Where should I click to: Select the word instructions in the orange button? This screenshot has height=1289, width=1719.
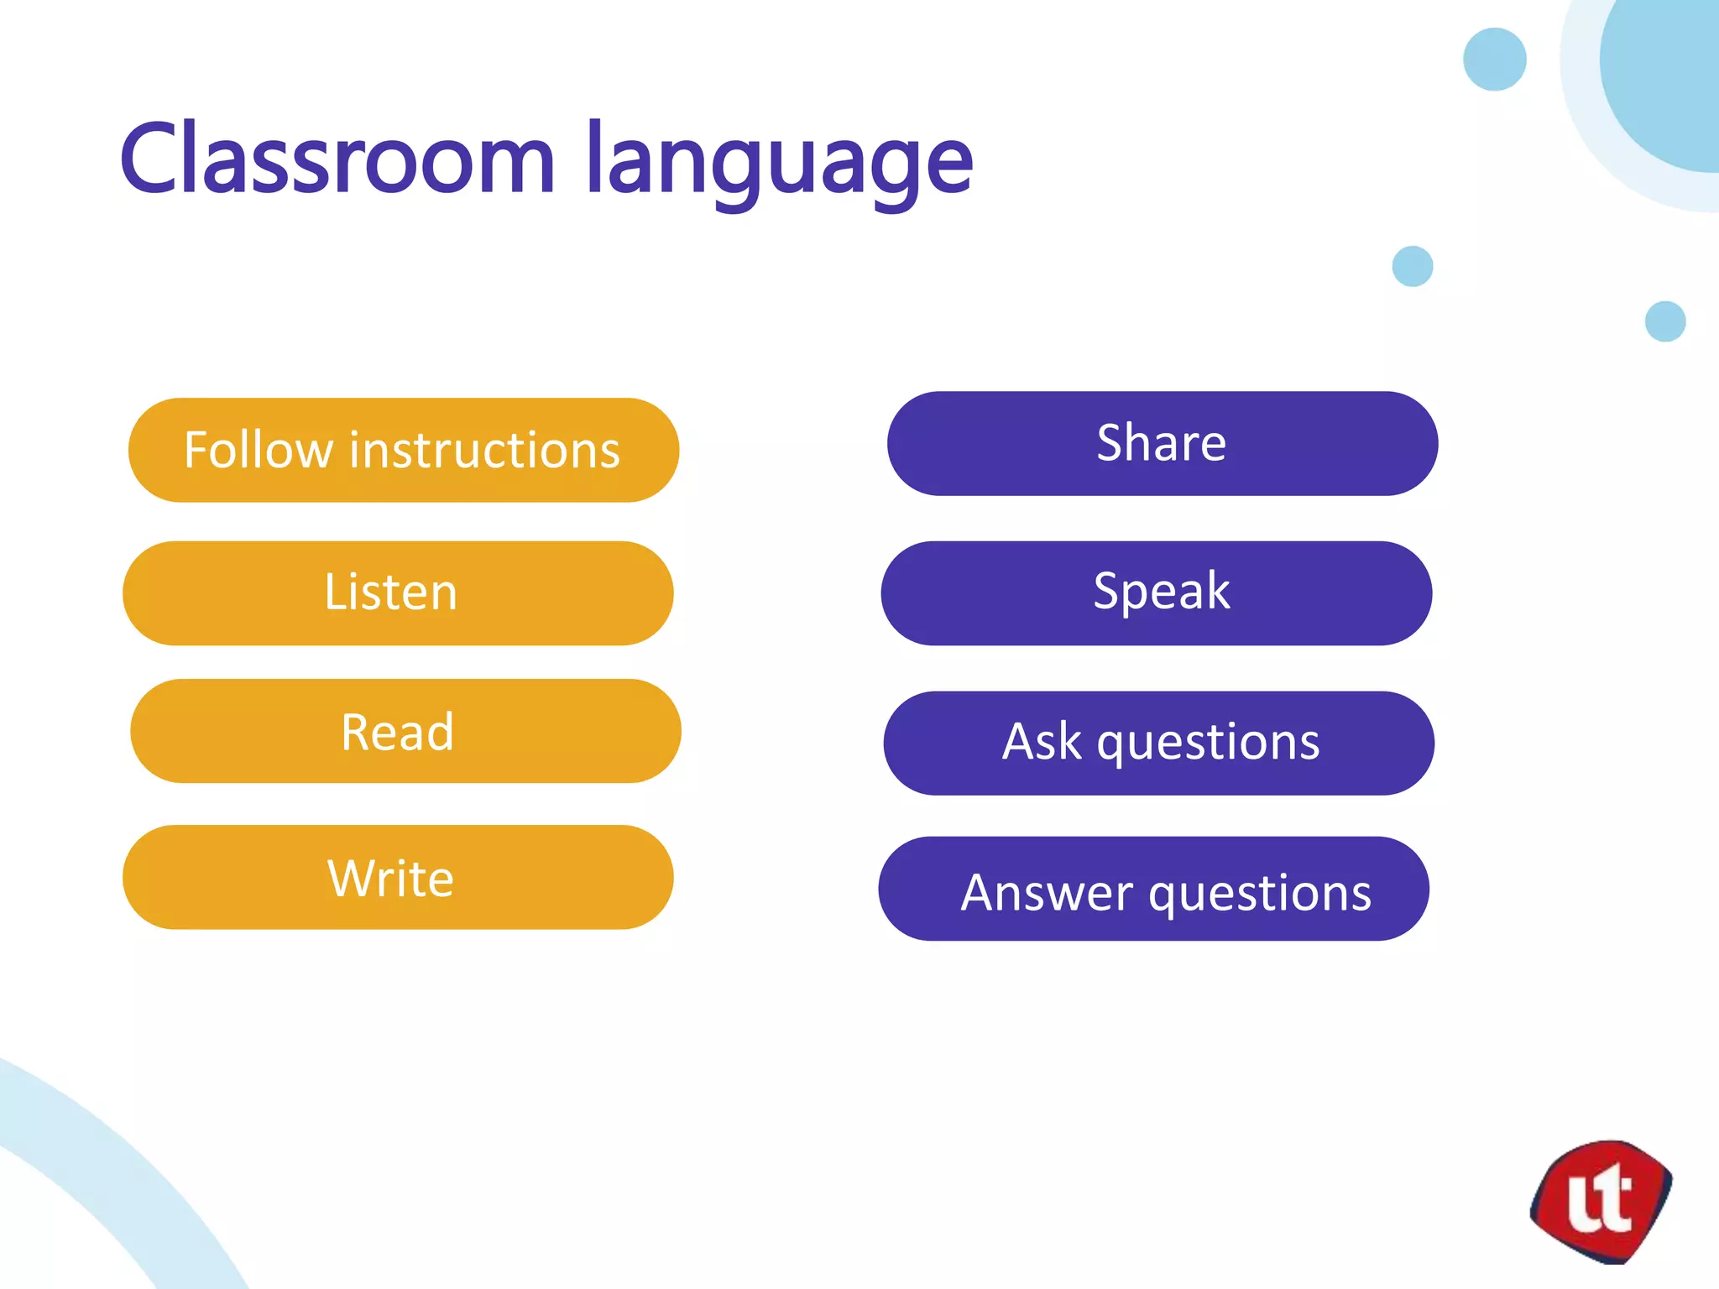click(x=484, y=450)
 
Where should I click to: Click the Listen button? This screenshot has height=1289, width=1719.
click(x=398, y=593)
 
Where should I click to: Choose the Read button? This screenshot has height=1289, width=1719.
click(x=405, y=732)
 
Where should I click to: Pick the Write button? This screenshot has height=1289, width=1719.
click(x=398, y=878)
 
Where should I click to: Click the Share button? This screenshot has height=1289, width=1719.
click(x=1163, y=443)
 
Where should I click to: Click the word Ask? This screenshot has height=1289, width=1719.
click(x=1042, y=743)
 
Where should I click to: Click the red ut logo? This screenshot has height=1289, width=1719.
click(x=1601, y=1202)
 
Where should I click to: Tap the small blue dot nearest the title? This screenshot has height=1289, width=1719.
click(x=1413, y=266)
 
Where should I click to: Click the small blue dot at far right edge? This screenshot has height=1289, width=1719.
click(x=1665, y=321)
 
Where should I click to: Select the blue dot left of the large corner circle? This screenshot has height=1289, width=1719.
click(x=1494, y=59)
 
